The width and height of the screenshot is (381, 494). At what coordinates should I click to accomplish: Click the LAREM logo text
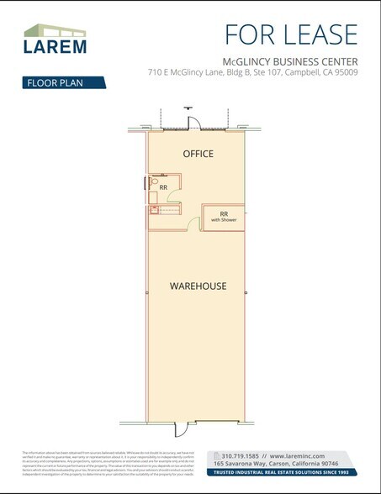(x=53, y=47)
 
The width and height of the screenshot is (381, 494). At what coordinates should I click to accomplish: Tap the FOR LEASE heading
(x=291, y=34)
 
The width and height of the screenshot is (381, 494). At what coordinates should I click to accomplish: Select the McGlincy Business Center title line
(x=290, y=60)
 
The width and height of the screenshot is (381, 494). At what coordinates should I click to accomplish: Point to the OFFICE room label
(x=198, y=154)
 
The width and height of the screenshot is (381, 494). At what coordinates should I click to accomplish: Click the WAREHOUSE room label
(x=198, y=286)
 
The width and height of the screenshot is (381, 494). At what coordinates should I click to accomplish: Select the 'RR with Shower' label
(x=224, y=216)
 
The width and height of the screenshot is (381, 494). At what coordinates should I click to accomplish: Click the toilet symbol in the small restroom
(x=154, y=182)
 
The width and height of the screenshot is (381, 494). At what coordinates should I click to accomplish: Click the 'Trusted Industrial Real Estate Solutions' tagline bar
(x=284, y=472)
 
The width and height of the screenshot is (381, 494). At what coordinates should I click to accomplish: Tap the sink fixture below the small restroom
(x=155, y=211)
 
